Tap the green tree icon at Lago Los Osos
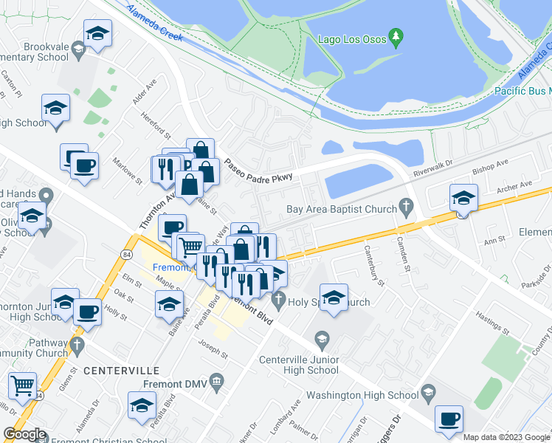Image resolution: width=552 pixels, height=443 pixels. tap(396, 37)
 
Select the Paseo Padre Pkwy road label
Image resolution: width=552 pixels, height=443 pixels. tap(259, 171)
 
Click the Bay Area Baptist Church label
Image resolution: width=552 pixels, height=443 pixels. tap(342, 209)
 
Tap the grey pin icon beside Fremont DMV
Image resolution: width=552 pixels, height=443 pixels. tap(216, 381)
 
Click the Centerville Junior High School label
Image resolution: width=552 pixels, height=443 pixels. tap(299, 365)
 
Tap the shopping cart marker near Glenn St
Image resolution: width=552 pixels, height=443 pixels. tap(22, 385)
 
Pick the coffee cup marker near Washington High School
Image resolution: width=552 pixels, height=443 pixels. tap(448, 419)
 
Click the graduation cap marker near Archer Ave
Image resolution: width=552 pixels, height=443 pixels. tap(463, 197)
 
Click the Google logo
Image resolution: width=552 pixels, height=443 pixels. tap(24, 434)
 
